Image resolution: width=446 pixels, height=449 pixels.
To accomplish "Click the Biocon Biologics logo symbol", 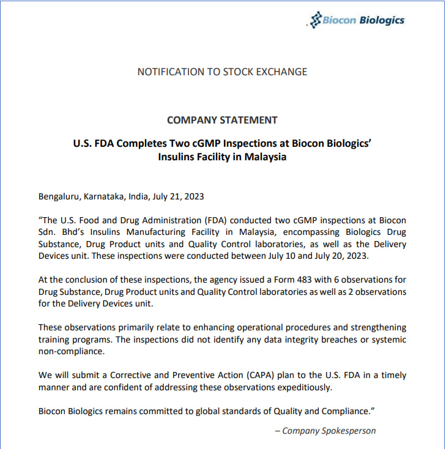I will pos(316,20).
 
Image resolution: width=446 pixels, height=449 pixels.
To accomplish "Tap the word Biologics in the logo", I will pos(383,20).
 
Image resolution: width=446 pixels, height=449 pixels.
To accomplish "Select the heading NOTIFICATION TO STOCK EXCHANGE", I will pos(222,72).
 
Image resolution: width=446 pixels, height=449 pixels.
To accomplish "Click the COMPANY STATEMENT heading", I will pos(222,120).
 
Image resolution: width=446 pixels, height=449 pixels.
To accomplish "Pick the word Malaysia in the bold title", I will pos(264,157).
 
